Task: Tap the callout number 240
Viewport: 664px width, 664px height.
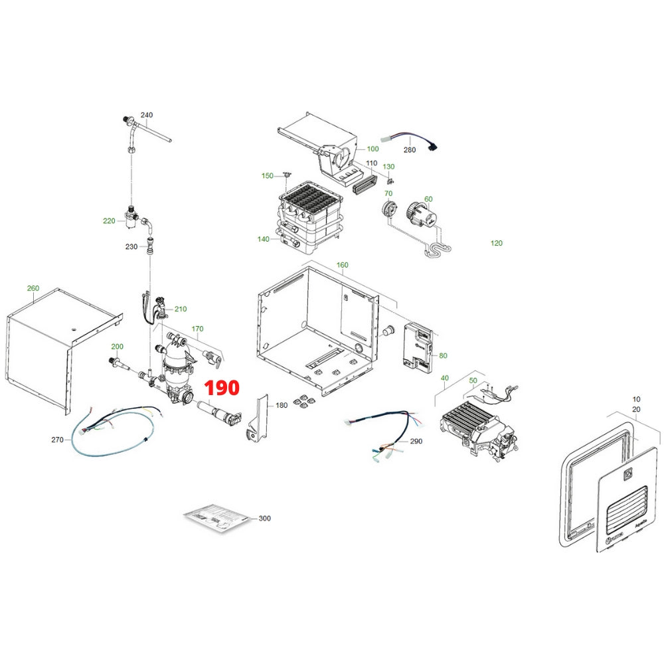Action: click(147, 115)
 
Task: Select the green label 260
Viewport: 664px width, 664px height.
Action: click(33, 288)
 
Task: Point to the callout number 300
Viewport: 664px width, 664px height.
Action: click(265, 518)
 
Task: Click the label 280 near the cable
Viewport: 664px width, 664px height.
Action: click(410, 150)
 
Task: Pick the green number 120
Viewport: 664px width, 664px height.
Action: click(496, 243)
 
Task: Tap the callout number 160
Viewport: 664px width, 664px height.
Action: click(343, 265)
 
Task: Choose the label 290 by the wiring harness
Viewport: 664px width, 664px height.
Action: click(416, 441)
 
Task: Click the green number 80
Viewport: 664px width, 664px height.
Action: click(444, 355)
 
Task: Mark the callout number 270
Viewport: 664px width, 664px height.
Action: click(56, 440)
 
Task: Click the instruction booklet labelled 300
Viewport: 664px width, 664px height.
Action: click(216, 518)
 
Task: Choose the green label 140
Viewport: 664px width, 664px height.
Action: click(264, 239)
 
